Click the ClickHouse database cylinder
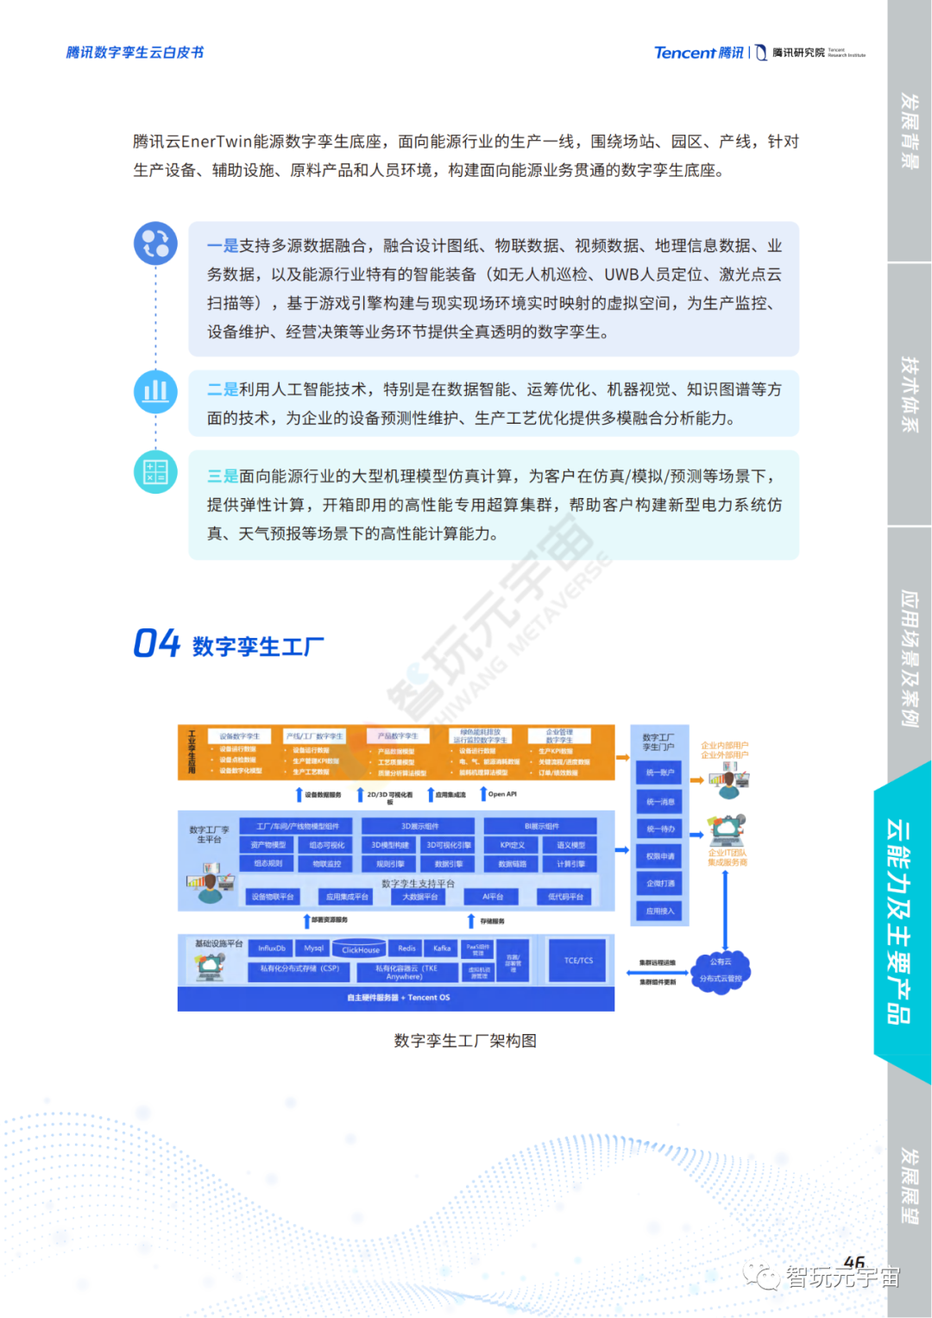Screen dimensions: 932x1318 [x=360, y=949]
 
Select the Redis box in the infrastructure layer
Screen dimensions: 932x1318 [x=406, y=948]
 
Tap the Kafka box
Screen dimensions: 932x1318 [x=442, y=948]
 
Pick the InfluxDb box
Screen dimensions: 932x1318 [x=271, y=948]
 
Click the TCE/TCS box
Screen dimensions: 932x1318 [x=578, y=960]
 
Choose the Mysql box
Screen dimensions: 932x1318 [x=314, y=948]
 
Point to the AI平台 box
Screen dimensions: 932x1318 [x=493, y=897]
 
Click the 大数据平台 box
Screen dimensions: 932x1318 [x=420, y=897]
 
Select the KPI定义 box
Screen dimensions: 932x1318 [x=512, y=845]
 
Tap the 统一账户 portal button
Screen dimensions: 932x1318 [x=660, y=773]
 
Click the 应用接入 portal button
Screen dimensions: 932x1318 [x=660, y=911]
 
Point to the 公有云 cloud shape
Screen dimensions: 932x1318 [x=721, y=969]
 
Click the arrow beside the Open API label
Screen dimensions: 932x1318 [x=483, y=793]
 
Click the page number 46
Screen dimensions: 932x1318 [x=853, y=1262]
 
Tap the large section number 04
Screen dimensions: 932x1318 [x=156, y=644]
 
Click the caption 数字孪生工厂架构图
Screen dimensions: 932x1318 [x=465, y=1041]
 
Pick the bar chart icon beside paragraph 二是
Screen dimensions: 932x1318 [x=155, y=391]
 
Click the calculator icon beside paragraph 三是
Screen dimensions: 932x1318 [x=155, y=472]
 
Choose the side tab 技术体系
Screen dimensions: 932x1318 [x=909, y=394]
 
